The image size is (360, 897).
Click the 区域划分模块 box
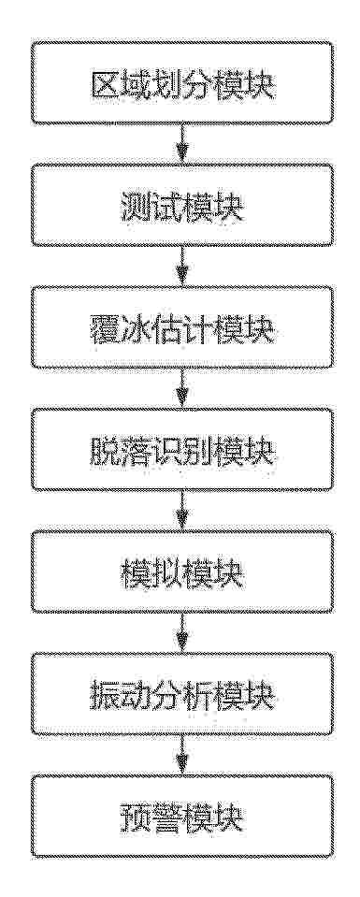point(182,82)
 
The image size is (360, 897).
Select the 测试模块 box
point(182,205)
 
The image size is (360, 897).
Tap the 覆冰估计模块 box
point(182,327)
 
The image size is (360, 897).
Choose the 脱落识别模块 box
point(182,449)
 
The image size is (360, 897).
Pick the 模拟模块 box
point(182,571)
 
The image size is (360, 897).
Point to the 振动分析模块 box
point(182,693)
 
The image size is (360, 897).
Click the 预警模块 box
point(182,816)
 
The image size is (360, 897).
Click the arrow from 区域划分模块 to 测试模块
point(182,144)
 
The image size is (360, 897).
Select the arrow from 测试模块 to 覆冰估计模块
point(182,266)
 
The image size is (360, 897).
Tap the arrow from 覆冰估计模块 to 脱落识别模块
point(182,388)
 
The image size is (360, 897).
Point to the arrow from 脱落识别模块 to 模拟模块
point(182,511)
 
